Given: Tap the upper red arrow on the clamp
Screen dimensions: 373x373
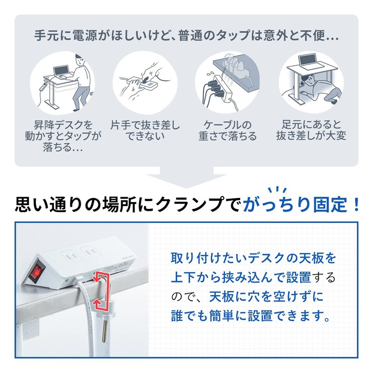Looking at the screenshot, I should pyautogui.click(x=99, y=276).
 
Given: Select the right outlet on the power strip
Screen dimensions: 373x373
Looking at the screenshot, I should pyautogui.click(x=90, y=252).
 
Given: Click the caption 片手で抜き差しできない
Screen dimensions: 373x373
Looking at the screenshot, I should pyautogui.click(x=145, y=131).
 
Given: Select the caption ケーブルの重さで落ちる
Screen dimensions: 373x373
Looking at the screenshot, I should pyautogui.click(x=228, y=131).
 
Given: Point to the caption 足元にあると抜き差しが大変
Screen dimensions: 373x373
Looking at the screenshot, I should pyautogui.click(x=311, y=131).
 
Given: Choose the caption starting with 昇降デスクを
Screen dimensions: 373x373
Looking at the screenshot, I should pyautogui.click(x=62, y=137).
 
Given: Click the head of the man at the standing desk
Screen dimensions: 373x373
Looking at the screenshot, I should pyautogui.click(x=81, y=61).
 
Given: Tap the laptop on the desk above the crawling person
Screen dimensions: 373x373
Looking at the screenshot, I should pyautogui.click(x=307, y=61).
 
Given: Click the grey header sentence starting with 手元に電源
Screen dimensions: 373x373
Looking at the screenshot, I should pyautogui.click(x=186, y=35).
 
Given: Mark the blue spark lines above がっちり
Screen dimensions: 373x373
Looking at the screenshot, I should pyautogui.click(x=279, y=190).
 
